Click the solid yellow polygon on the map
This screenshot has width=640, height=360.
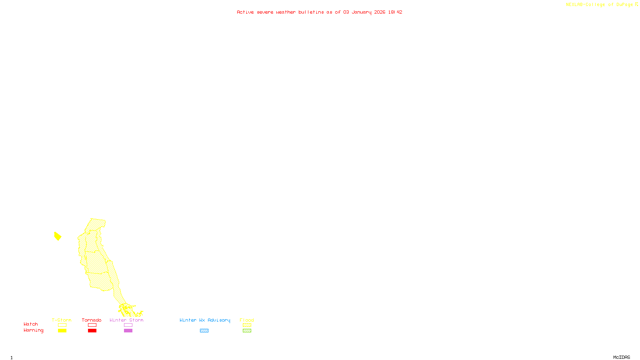(x=58, y=236)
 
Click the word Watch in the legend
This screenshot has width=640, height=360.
(x=31, y=324)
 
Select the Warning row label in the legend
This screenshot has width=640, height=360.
(x=33, y=330)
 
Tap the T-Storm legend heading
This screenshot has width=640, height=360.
(x=62, y=320)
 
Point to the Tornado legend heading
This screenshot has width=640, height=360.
(x=92, y=320)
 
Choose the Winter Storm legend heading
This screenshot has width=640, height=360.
(x=126, y=320)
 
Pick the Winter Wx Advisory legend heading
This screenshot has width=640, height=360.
(x=205, y=320)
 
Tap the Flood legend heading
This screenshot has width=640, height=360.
(x=247, y=320)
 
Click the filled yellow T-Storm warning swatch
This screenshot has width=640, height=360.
(x=62, y=331)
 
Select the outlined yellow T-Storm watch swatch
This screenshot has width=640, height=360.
(x=62, y=325)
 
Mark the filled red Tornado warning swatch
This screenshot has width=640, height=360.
(x=92, y=331)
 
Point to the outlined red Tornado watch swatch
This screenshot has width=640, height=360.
(x=92, y=325)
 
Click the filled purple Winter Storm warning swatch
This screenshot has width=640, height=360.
(x=128, y=331)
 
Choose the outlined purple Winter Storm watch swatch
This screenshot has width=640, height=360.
(x=128, y=325)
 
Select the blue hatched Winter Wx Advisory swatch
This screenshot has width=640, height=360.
(x=204, y=331)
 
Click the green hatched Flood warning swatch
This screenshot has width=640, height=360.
(x=247, y=331)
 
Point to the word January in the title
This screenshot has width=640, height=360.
(x=361, y=12)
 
